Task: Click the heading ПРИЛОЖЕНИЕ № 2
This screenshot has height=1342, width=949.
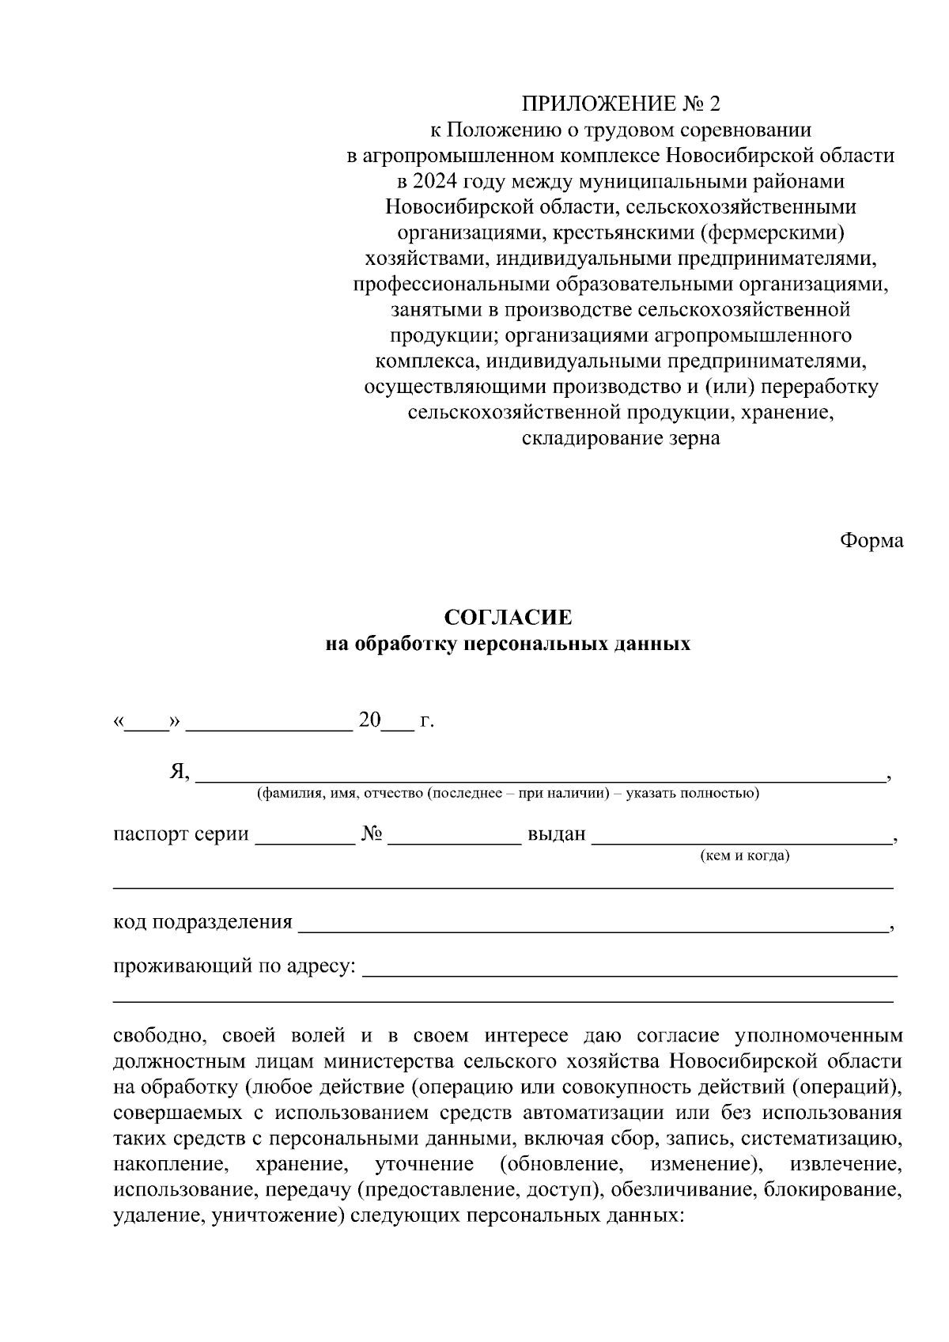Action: click(x=621, y=104)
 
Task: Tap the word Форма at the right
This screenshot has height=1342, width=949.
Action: click(x=871, y=541)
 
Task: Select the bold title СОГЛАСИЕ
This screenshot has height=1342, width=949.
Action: click(x=508, y=617)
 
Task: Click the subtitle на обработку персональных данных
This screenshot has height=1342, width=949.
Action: click(x=508, y=644)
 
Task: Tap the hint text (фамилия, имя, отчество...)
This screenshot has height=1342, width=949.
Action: click(x=508, y=793)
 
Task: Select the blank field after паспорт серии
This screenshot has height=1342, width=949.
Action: click(x=304, y=839)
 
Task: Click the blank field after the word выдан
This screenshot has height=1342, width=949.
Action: click(x=741, y=839)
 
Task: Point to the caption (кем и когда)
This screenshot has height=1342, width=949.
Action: click(x=745, y=856)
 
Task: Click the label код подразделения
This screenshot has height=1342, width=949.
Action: click(x=202, y=922)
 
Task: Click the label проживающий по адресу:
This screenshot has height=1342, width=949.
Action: click(x=235, y=966)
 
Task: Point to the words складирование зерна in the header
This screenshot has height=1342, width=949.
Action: click(x=621, y=438)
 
